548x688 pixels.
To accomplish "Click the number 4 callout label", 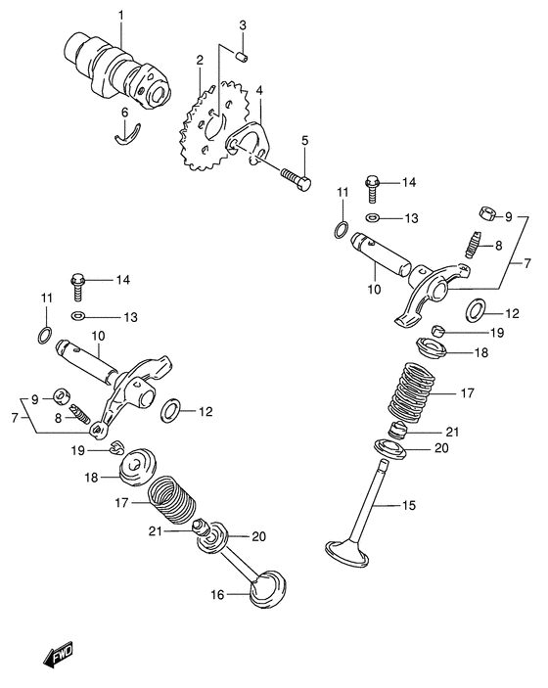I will (259, 91).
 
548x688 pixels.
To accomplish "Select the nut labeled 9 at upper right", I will (482, 214).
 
